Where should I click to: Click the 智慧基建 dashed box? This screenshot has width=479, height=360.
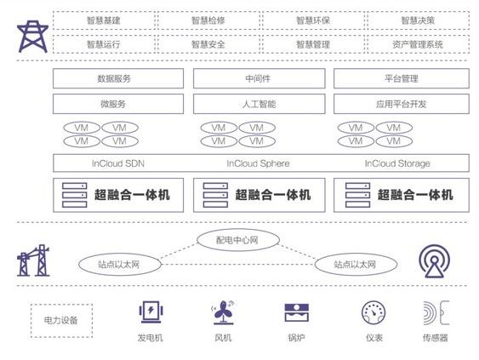click(x=104, y=20)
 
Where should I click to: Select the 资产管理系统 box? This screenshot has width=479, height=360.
click(x=418, y=44)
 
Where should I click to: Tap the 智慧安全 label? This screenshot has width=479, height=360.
click(x=208, y=44)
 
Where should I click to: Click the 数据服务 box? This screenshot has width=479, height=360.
click(x=118, y=78)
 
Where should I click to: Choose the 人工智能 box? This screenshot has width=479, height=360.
click(x=259, y=104)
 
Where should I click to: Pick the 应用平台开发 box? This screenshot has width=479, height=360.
click(x=402, y=104)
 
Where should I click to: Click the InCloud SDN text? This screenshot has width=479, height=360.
click(x=118, y=163)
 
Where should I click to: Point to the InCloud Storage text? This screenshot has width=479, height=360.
click(x=397, y=163)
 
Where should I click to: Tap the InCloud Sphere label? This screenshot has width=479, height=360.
click(x=258, y=163)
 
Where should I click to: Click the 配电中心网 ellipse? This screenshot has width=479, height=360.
click(x=238, y=240)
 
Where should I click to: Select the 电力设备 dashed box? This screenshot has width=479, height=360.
click(x=61, y=321)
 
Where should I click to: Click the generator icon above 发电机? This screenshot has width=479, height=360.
click(x=151, y=312)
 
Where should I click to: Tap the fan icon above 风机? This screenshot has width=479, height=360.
click(x=223, y=312)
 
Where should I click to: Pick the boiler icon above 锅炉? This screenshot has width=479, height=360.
click(x=296, y=312)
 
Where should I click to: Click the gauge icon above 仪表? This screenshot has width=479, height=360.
click(x=374, y=312)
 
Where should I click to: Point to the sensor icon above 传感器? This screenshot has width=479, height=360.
click(x=436, y=312)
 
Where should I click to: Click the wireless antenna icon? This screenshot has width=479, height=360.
click(x=434, y=261)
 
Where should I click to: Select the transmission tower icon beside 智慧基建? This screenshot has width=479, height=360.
click(x=32, y=37)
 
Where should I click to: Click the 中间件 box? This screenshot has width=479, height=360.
click(x=259, y=78)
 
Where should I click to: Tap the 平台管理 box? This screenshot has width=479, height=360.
click(x=402, y=78)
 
